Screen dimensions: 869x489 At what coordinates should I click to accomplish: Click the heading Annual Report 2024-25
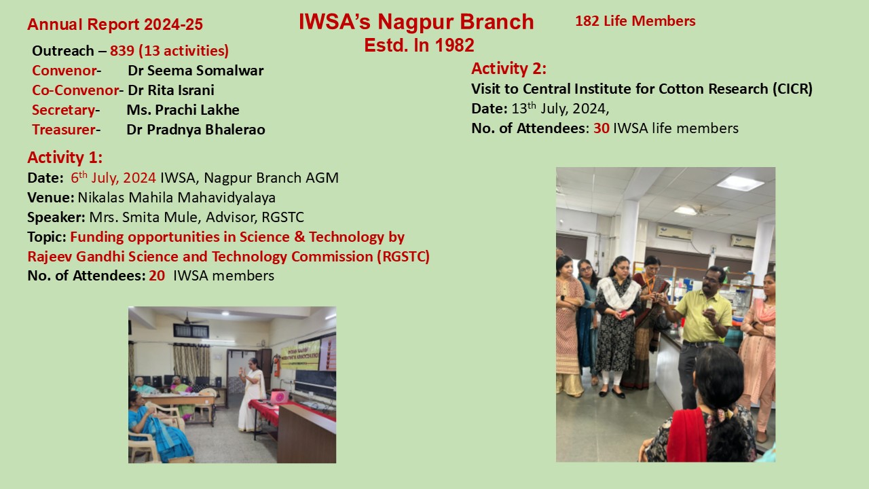pos(115,24)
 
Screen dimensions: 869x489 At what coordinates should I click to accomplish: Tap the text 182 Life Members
pos(635,21)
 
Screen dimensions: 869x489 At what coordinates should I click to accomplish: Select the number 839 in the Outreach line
pos(122,51)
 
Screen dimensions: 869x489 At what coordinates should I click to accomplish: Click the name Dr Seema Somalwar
pos(196,71)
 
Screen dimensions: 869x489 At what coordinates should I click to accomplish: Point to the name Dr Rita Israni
pos(170,90)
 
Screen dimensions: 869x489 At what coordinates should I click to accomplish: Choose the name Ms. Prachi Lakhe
pos(183,110)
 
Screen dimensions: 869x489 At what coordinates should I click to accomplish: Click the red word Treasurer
pos(64,130)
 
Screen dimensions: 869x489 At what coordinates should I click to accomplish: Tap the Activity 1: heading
pos(64,157)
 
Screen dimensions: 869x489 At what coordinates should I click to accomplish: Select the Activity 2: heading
pos(509,69)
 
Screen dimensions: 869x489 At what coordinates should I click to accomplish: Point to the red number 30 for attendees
pos(601,128)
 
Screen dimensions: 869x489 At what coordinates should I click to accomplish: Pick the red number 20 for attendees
pos(157,276)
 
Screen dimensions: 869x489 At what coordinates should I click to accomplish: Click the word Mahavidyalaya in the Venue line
pos(226,198)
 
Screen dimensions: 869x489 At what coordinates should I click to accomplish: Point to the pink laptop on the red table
pos(279,397)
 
